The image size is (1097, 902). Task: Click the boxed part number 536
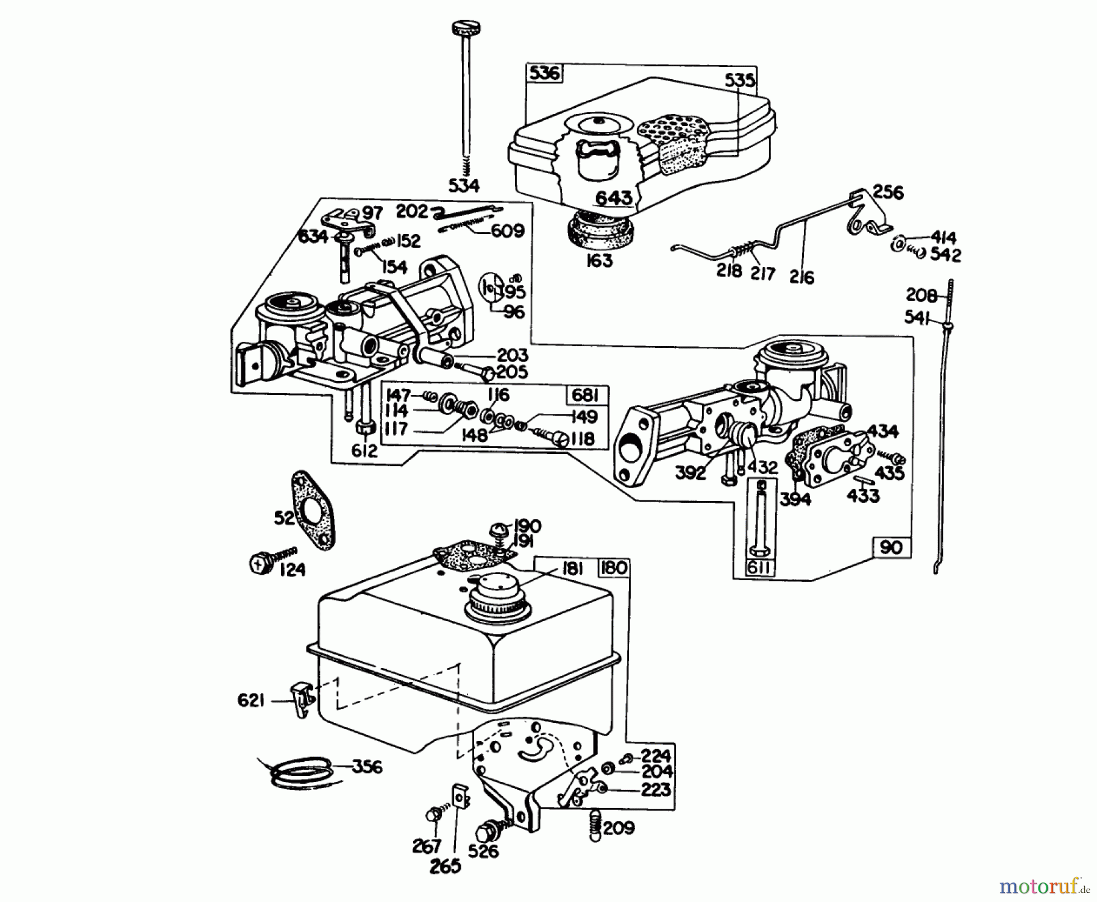tap(544, 74)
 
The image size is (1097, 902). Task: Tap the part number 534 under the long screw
tap(464, 185)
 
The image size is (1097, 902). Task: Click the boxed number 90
tap(891, 547)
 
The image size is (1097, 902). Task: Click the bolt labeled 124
tap(261, 562)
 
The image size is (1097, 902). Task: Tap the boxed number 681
tap(586, 396)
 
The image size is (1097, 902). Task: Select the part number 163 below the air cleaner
tap(598, 260)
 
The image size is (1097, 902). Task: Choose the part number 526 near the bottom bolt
tap(484, 851)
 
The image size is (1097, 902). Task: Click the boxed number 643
tap(614, 198)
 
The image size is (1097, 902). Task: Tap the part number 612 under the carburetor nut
tap(364, 450)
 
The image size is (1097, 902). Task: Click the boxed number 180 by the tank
tap(613, 567)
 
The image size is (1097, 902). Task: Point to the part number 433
tap(863, 495)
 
